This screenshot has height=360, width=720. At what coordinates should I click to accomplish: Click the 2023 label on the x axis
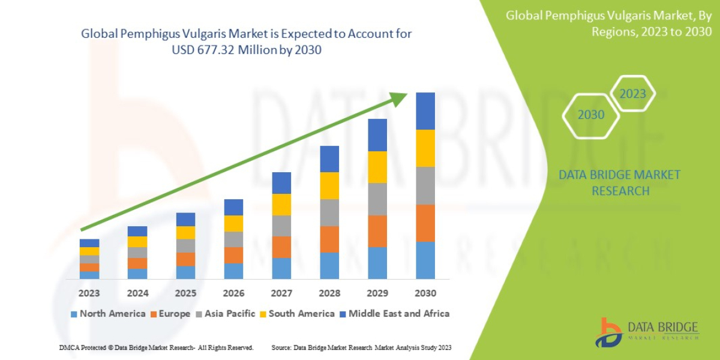(x=89, y=293)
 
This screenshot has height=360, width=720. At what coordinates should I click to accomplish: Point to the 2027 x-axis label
(x=281, y=293)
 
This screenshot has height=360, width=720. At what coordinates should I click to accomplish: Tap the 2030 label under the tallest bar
(x=425, y=293)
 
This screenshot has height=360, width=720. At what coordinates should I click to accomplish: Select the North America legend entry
(x=108, y=313)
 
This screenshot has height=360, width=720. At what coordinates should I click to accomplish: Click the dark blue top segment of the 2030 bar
(x=425, y=111)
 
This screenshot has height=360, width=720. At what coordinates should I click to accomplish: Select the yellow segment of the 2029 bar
(x=377, y=167)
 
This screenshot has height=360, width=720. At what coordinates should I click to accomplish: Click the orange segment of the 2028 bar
(x=329, y=239)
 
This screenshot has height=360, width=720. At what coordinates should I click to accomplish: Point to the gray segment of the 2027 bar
(x=281, y=226)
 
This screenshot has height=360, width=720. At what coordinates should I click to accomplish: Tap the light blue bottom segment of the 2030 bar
(x=425, y=260)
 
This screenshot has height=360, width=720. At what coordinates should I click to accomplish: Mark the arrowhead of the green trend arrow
(x=400, y=98)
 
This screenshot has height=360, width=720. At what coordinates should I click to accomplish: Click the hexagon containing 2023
(x=632, y=94)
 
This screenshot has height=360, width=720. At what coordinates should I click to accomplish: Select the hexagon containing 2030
(x=591, y=115)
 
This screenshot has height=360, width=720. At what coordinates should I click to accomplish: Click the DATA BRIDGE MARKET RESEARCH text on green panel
(x=620, y=182)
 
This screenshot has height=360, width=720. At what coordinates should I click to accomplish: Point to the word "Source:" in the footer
(x=281, y=347)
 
